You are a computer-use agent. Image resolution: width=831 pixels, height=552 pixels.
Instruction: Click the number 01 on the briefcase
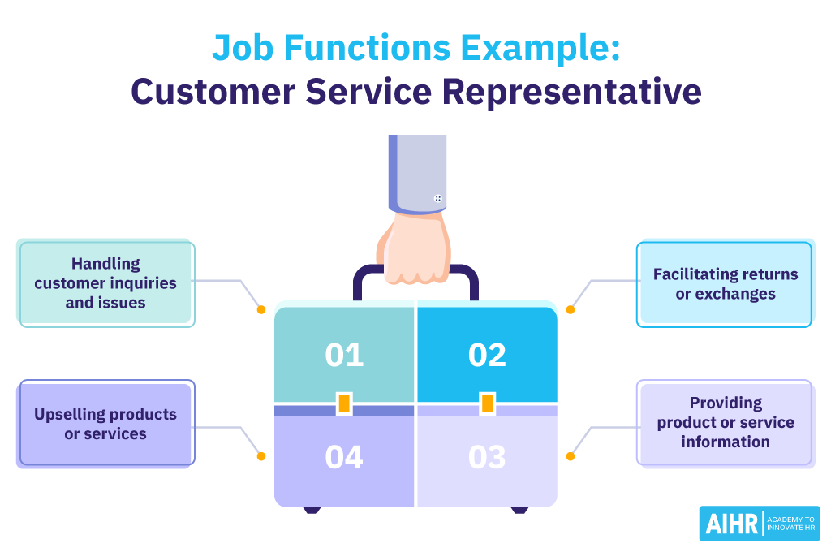344,356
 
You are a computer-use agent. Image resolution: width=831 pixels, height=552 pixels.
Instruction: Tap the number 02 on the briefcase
487,356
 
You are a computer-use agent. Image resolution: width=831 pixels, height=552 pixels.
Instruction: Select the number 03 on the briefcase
487,458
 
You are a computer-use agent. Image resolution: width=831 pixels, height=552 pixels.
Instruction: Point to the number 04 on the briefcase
344,458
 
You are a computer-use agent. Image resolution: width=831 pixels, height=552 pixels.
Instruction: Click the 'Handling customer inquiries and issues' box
106,283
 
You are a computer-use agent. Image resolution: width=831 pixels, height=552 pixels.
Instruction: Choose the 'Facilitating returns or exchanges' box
726,284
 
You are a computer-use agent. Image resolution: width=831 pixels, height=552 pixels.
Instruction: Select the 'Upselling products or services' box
105,424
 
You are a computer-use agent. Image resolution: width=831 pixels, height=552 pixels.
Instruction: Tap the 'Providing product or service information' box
726,422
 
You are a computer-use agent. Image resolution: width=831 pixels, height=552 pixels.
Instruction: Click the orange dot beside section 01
261,309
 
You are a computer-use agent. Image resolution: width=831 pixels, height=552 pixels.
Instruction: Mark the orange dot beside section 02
571,309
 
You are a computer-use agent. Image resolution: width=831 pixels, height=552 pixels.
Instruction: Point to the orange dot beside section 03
571,456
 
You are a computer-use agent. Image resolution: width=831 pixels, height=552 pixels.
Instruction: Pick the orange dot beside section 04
261,456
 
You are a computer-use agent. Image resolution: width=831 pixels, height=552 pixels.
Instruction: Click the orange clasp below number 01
344,403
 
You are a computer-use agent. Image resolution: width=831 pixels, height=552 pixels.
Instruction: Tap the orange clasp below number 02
487,403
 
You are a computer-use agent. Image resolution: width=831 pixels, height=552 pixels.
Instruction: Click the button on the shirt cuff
438,198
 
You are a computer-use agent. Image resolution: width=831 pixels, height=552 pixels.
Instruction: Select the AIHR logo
759,524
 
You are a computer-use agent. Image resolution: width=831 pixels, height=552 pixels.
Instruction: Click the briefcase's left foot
312,510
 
